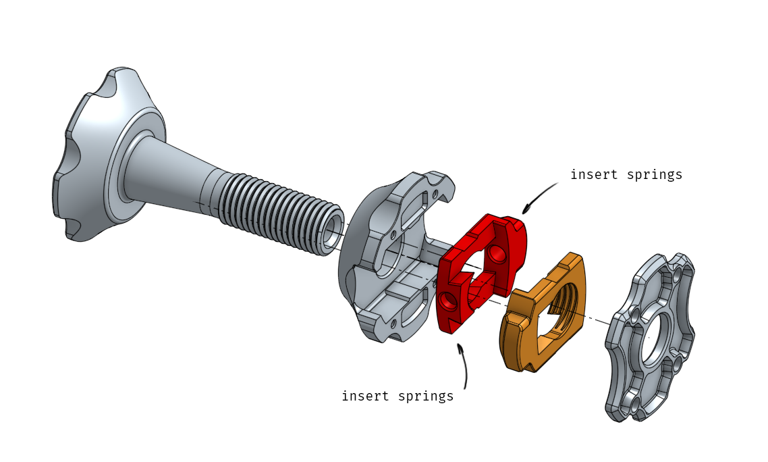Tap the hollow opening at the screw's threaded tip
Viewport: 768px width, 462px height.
[x=331, y=234]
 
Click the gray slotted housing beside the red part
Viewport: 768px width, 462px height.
[x=385, y=263]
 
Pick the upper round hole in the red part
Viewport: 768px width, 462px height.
[x=497, y=254]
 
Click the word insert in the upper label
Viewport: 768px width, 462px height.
[x=592, y=175]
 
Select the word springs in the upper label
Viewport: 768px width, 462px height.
[x=654, y=175]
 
